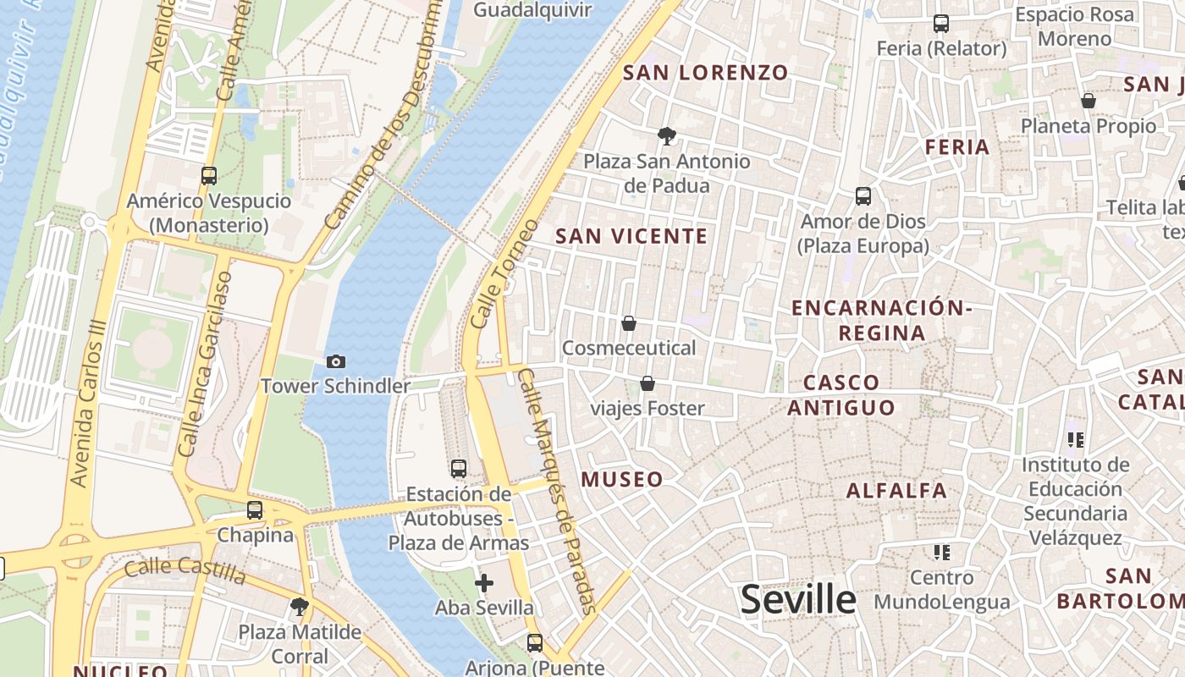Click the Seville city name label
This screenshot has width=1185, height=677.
(798, 599)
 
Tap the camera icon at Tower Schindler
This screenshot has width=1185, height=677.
(335, 362)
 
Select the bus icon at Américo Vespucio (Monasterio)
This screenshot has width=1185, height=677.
(208, 176)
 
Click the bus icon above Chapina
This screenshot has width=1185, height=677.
(254, 510)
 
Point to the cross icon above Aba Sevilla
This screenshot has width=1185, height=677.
(484, 582)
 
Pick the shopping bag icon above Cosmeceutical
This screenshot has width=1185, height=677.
(629, 323)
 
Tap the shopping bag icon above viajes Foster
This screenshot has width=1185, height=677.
(648, 384)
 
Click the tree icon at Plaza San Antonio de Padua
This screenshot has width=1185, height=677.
(666, 135)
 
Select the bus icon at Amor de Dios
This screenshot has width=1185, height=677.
(863, 196)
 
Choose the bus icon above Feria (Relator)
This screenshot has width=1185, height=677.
(940, 24)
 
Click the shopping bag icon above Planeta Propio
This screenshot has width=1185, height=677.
(1088, 102)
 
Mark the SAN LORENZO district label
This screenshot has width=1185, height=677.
(706, 73)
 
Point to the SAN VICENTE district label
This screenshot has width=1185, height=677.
(631, 236)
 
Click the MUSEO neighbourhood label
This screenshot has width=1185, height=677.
(622, 480)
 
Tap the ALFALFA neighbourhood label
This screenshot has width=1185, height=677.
(896, 491)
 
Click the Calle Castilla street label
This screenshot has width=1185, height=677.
(185, 571)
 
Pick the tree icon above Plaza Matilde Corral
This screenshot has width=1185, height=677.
(299, 606)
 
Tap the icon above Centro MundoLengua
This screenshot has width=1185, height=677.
(941, 553)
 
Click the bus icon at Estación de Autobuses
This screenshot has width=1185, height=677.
(459, 468)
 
